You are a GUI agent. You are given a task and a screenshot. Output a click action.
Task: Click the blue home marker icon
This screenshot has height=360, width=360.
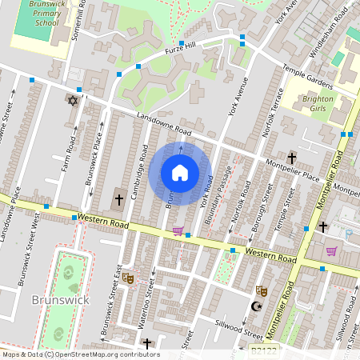coord(180,173)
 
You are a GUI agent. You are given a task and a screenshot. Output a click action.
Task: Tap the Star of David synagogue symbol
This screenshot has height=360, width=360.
coord(73,101)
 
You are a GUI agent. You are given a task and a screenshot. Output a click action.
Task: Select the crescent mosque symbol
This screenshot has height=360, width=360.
coord(257,306)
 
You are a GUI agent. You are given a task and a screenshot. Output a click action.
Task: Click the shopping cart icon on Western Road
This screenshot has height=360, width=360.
coord(178,232)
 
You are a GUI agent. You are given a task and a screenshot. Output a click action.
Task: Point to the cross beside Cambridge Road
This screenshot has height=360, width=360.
coord(119,198)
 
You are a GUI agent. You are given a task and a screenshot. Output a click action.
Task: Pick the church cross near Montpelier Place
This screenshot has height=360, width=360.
coord(292,158)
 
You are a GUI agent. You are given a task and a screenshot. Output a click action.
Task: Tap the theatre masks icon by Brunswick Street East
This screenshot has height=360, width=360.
coord(128,278)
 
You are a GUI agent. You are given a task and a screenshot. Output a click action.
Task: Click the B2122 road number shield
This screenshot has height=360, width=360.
coord(263,350)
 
